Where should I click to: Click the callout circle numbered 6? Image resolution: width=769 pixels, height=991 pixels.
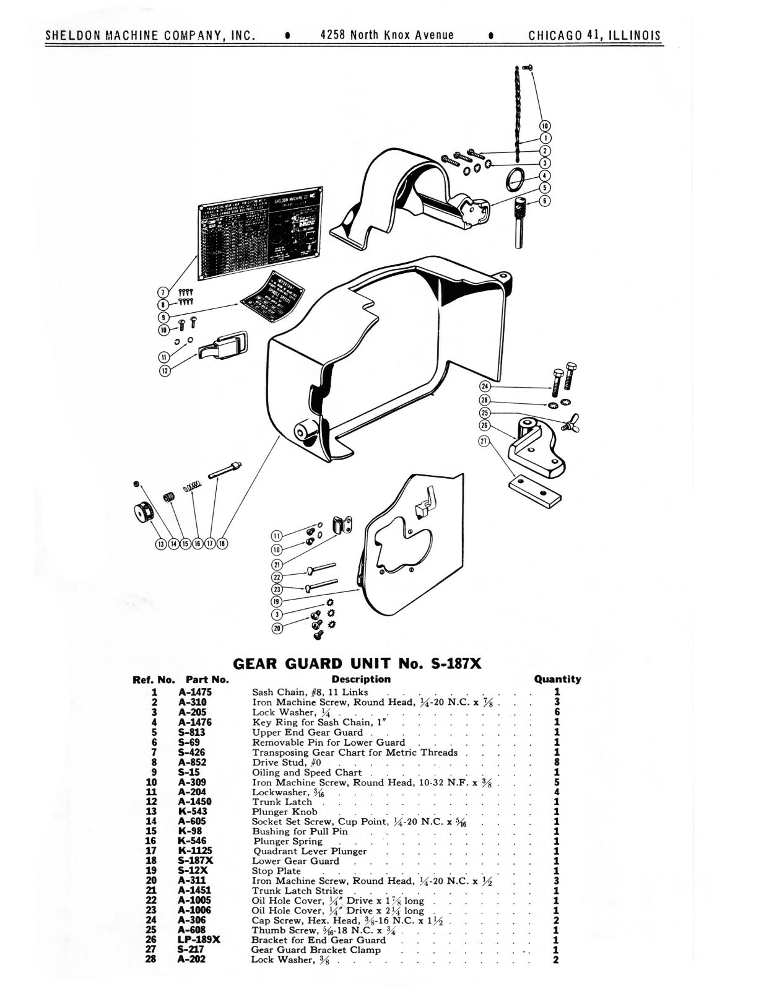[x=544, y=201]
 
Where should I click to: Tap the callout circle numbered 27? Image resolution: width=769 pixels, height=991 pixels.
[x=484, y=442]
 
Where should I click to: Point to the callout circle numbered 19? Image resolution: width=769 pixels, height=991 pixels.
[x=277, y=601]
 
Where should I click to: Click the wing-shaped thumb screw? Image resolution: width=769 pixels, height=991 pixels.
[x=571, y=423]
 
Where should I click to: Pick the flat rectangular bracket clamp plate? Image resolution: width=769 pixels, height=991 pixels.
[x=535, y=490]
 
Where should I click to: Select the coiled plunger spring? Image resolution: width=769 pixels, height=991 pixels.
[x=193, y=487]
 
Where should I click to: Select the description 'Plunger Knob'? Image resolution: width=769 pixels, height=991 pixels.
[x=284, y=811]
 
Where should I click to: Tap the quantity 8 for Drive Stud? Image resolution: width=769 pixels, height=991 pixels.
[x=557, y=762]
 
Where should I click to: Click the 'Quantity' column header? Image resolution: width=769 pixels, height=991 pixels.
[x=557, y=679]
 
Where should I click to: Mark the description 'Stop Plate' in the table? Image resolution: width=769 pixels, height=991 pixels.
[x=276, y=871]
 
